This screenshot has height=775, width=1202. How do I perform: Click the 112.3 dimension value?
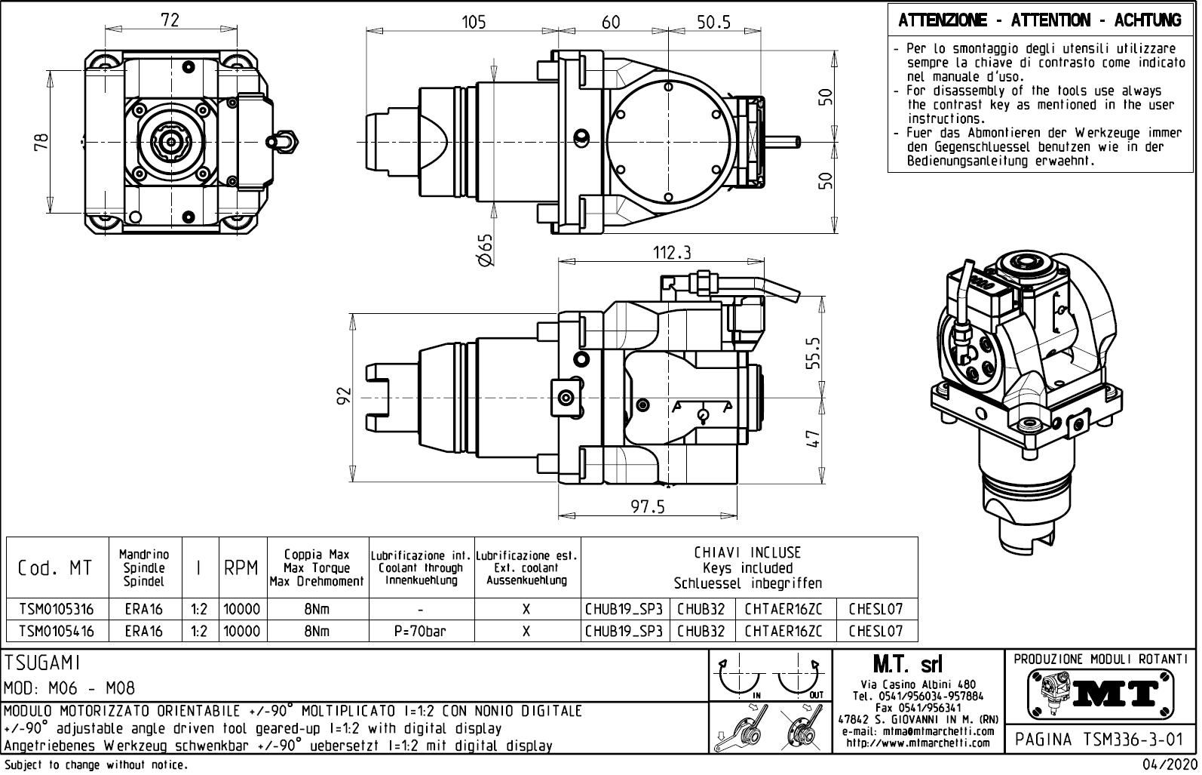[x=671, y=253]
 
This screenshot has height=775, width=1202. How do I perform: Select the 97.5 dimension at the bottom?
[x=648, y=507]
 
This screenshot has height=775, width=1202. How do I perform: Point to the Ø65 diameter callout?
[x=486, y=249]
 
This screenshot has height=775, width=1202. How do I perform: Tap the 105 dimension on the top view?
[x=474, y=22]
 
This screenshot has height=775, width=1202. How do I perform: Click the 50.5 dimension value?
[x=713, y=22]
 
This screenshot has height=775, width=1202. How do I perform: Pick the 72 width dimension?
[x=170, y=20]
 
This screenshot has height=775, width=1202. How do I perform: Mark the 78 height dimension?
[x=41, y=141]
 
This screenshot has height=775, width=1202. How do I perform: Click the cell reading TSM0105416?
[x=57, y=631]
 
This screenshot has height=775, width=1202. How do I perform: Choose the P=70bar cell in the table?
[x=420, y=631]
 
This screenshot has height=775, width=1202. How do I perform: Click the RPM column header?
[x=241, y=567]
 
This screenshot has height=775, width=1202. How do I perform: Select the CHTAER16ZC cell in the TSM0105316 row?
[x=783, y=609]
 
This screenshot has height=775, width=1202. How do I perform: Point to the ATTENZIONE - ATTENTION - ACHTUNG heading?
[x=1039, y=21]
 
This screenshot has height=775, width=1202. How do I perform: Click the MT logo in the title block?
[x=1100, y=692]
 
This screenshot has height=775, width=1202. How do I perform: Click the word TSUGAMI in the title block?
[x=42, y=663]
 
